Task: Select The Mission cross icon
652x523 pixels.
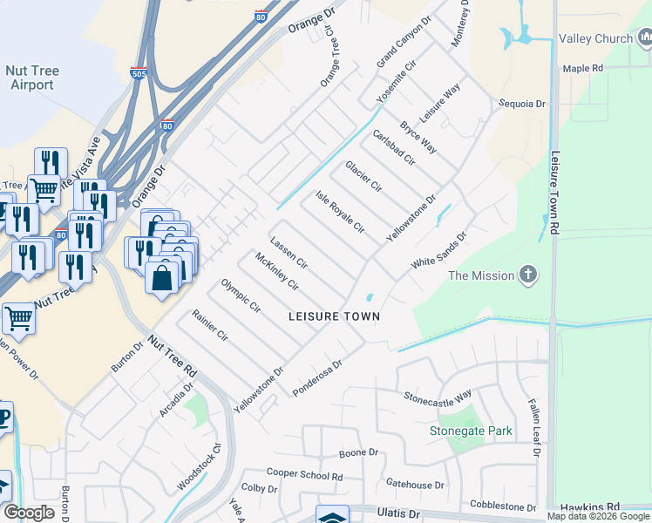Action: pyautogui.click(x=526, y=275)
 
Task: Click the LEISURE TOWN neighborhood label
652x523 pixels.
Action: pyautogui.click(x=335, y=316)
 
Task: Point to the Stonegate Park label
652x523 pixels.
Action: pyautogui.click(x=471, y=431)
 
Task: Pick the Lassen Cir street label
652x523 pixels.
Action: pyautogui.click(x=289, y=252)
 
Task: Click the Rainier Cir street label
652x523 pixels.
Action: pyautogui.click(x=210, y=325)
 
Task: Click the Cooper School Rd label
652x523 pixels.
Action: pyautogui.click(x=304, y=475)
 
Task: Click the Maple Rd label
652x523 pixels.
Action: pyautogui.click(x=583, y=67)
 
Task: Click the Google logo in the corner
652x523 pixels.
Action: pyautogui.click(x=29, y=513)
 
